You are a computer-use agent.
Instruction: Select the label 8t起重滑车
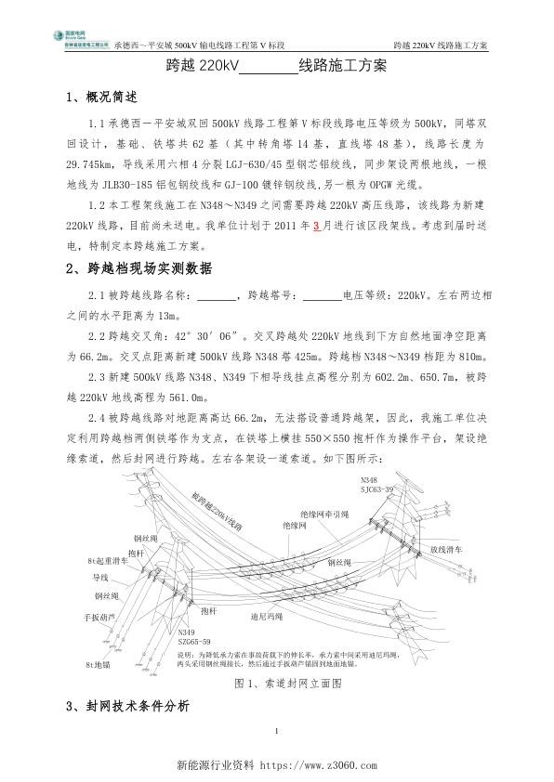coord(106,562)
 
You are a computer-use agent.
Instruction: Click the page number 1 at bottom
coord(277,735)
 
